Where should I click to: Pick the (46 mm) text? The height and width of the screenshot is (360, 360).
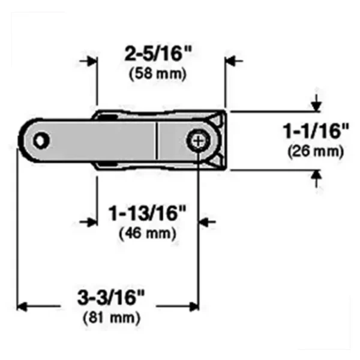[x=148, y=232]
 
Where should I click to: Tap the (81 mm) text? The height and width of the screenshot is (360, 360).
[x=112, y=316]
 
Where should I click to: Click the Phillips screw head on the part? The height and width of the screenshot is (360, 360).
[x=198, y=141]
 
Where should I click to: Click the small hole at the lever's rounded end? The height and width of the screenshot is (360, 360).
[x=40, y=140]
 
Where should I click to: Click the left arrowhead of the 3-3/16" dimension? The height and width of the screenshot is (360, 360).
[x=23, y=306]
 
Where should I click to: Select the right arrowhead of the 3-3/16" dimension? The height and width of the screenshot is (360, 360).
[x=193, y=306]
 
